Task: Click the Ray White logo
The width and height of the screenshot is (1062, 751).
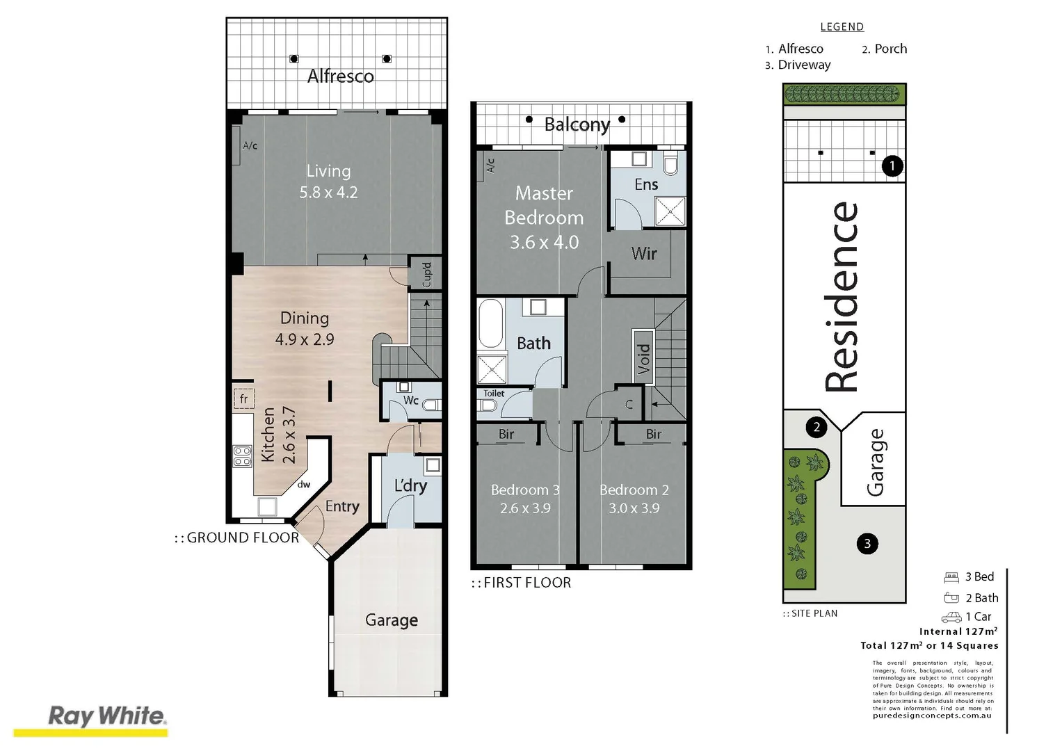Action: click(107, 717)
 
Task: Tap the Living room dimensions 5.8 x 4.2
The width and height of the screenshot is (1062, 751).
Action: click(328, 193)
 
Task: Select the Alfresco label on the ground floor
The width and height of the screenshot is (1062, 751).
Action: click(340, 76)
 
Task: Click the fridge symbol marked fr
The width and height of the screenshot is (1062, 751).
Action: click(243, 398)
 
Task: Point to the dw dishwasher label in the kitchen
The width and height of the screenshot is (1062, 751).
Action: click(304, 485)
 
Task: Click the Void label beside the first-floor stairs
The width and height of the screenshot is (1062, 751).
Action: click(643, 355)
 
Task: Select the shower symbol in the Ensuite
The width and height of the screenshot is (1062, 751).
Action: click(670, 211)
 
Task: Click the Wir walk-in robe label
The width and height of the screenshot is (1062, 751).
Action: click(643, 254)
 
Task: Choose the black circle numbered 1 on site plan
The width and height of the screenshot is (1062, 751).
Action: click(892, 165)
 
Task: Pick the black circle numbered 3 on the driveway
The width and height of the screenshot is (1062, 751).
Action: click(867, 544)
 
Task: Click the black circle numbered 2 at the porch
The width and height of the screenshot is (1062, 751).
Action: click(816, 427)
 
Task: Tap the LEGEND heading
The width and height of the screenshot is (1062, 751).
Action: click(842, 27)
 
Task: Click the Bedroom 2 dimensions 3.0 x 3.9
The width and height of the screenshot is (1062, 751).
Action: click(634, 508)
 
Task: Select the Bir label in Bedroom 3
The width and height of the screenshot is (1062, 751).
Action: click(506, 434)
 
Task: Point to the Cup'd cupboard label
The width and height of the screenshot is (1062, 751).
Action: click(427, 274)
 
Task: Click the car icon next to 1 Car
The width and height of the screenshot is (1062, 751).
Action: click(951, 617)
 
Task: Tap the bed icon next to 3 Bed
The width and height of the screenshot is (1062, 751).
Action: click(951, 577)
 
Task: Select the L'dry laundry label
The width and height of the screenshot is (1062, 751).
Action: click(410, 485)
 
